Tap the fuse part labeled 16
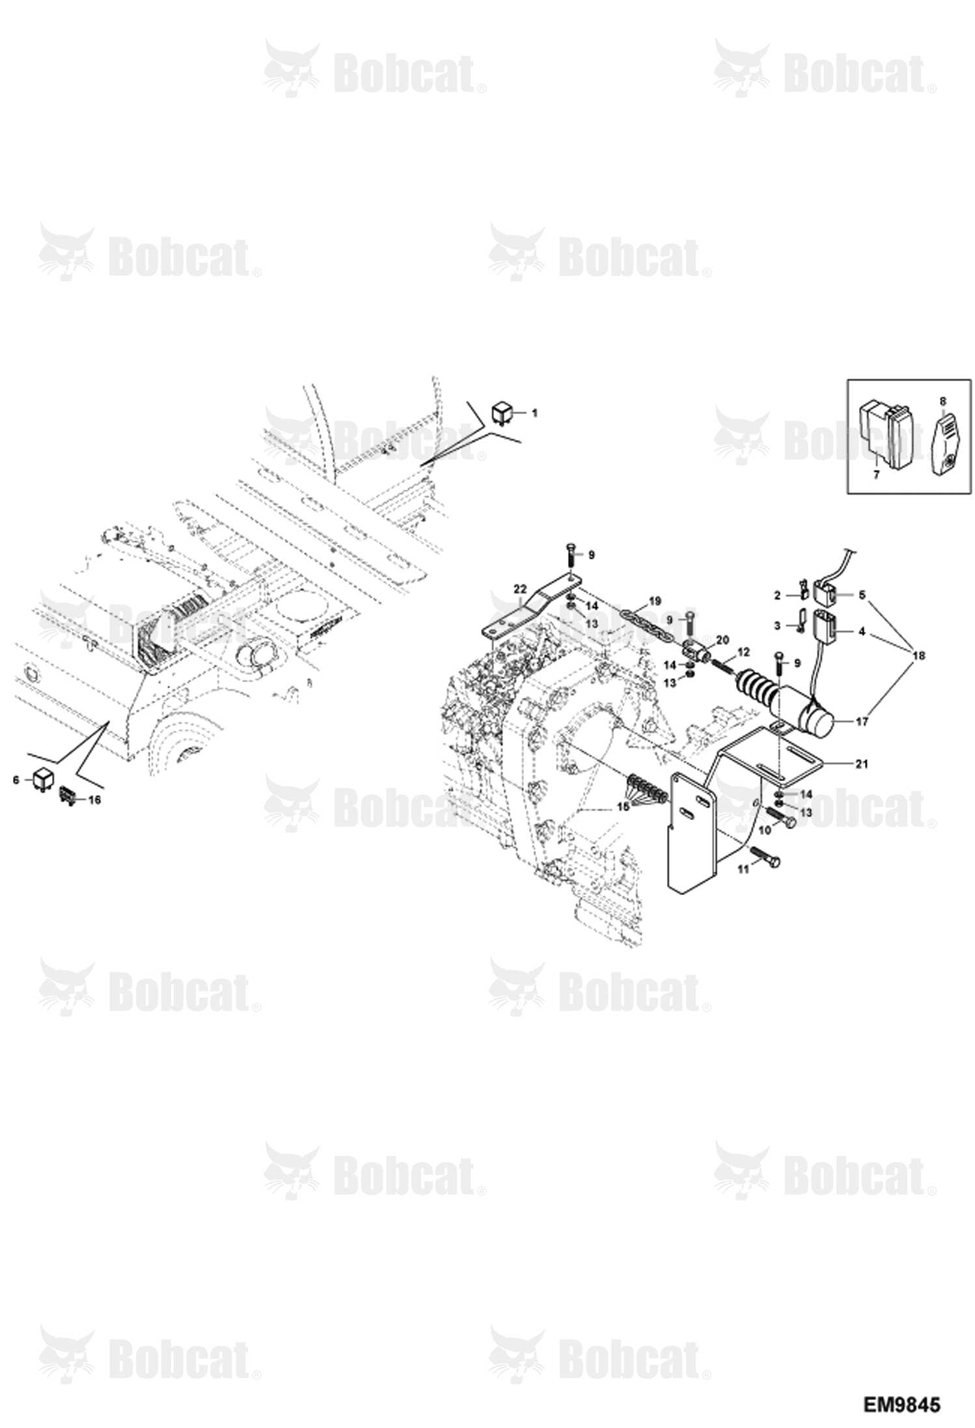(x=68, y=796)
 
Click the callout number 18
(x=918, y=657)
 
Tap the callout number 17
(x=861, y=721)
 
